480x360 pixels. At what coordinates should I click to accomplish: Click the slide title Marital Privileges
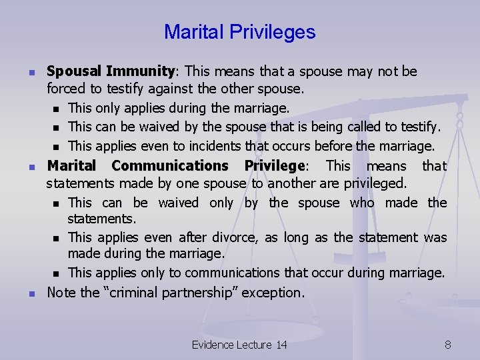tap(239, 31)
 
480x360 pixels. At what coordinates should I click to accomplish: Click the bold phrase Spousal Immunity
tap(110, 71)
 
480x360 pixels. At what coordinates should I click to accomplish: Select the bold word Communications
tap(170, 165)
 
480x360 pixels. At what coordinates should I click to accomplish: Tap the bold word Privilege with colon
tap(275, 165)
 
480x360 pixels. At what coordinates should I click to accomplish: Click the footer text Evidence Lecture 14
tap(239, 345)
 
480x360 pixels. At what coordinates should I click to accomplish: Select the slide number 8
tap(447, 345)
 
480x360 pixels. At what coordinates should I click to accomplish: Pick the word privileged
tap(373, 183)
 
